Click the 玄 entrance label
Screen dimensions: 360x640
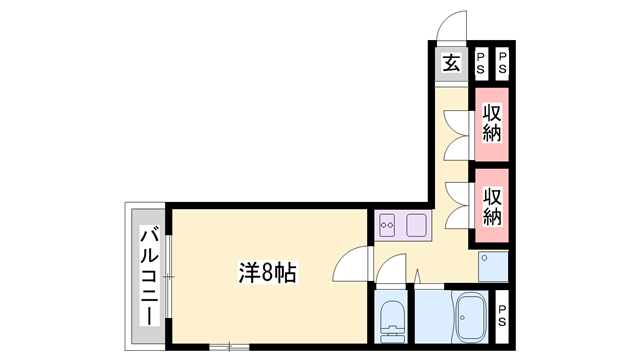(x=451, y=64)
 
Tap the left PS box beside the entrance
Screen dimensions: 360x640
(x=481, y=64)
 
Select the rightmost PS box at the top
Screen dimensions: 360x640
(x=502, y=64)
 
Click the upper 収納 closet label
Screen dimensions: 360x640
(x=492, y=122)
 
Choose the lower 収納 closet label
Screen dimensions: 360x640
(x=492, y=204)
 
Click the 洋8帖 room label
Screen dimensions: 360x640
(x=267, y=271)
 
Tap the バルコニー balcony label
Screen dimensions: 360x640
(x=148, y=276)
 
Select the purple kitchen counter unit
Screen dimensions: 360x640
(x=402, y=227)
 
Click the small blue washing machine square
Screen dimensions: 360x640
(x=494, y=266)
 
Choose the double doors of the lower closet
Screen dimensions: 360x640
(x=459, y=204)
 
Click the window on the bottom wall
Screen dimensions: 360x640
(x=229, y=347)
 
